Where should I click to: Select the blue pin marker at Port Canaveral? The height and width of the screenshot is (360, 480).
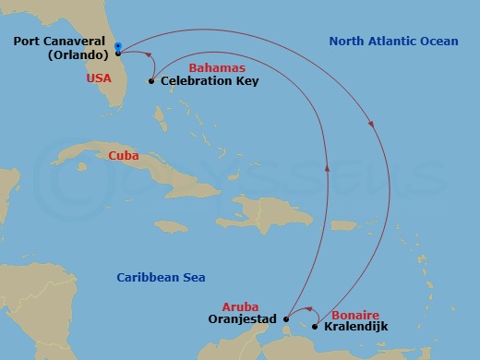[x=119, y=45]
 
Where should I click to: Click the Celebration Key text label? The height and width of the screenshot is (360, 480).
[x=210, y=81]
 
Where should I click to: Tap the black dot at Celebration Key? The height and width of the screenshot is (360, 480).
[x=151, y=81]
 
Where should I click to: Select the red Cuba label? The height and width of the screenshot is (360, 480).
[x=124, y=155]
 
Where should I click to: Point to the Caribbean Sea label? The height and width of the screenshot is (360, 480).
[x=161, y=277]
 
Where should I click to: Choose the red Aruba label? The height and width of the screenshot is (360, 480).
[x=240, y=306]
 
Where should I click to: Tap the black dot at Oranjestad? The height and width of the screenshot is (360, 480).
[x=285, y=319]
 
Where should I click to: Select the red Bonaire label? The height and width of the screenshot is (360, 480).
[x=354, y=315]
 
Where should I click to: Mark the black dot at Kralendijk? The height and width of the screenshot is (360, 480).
[x=315, y=327]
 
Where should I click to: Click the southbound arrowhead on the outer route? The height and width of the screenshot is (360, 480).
[x=373, y=126]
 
